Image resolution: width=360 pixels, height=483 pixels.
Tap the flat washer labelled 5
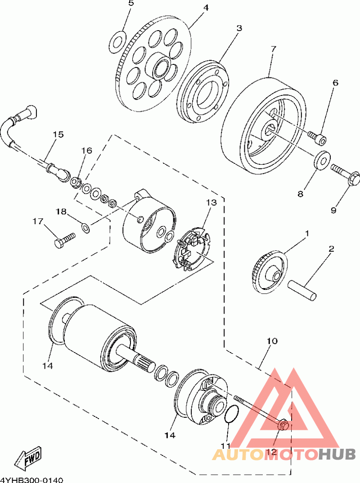pos(117,41)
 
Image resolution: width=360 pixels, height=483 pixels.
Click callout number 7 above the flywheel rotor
pos(273,49)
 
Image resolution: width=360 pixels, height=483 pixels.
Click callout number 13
pos(211,203)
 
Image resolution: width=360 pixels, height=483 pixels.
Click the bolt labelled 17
pos(64,240)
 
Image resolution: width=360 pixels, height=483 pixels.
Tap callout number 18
pos(61,212)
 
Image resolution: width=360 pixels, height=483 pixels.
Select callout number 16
pos(86,150)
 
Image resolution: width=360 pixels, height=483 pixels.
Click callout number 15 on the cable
pos(58,134)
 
